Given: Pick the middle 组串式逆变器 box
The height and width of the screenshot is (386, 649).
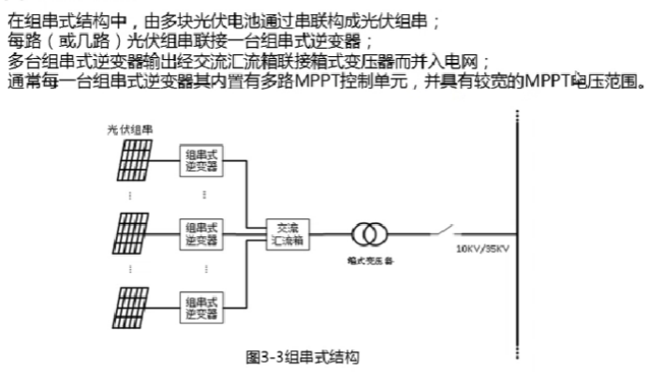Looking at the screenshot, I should tap(201, 233).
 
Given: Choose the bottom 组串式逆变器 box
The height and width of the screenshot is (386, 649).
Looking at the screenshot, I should tap(201, 306).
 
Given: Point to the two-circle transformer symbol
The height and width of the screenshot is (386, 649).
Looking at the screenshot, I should tap(370, 234).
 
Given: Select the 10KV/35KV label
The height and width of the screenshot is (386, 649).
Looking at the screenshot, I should tap(481, 249).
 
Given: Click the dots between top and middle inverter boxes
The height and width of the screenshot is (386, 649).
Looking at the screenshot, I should tap(202, 196).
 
